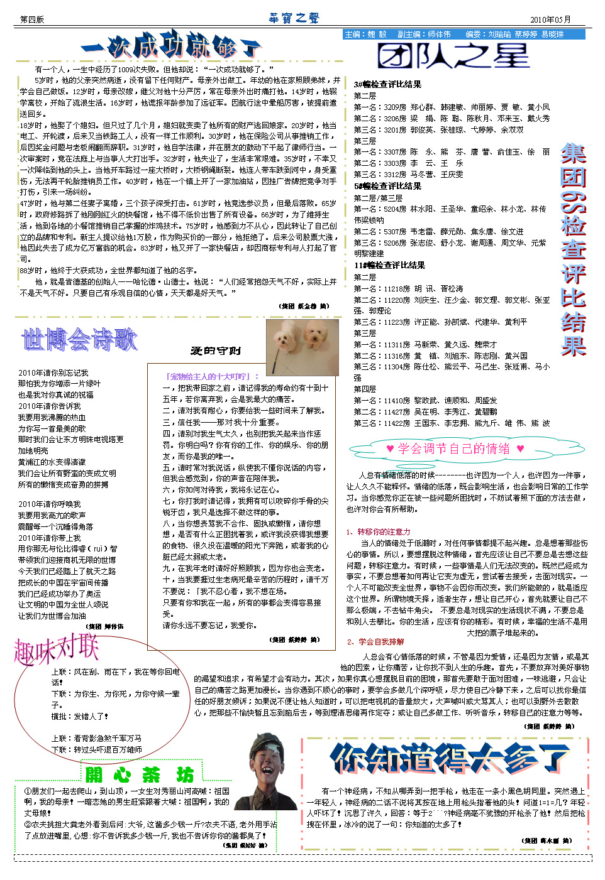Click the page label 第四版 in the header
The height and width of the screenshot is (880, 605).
tap(32, 19)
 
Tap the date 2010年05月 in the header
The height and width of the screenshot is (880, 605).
tap(550, 19)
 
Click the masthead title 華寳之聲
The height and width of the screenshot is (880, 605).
tap(294, 18)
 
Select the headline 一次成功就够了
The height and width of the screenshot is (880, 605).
tap(170, 46)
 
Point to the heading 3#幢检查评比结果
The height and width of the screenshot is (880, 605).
tap(387, 84)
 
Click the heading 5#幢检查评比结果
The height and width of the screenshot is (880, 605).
tap(387, 186)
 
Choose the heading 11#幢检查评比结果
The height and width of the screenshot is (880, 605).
tap(389, 265)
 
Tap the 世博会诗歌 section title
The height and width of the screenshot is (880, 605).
tap(79, 340)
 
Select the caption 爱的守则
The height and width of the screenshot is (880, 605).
tap(215, 350)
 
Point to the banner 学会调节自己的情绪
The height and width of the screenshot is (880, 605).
tap(455, 448)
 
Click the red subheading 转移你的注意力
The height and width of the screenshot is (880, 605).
tap(383, 531)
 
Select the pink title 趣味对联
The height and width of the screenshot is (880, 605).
tap(57, 649)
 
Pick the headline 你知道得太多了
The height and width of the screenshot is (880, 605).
tap(450, 758)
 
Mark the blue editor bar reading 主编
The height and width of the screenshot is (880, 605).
tap(464, 35)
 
